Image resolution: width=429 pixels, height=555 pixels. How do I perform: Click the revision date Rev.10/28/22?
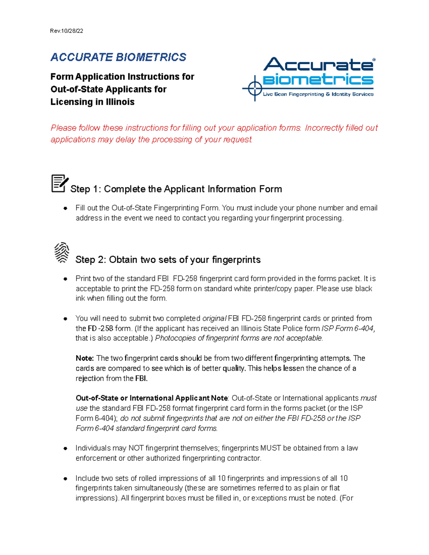pyautogui.click(x=66, y=31)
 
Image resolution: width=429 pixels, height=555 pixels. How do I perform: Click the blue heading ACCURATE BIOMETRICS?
pyautogui.click(x=118, y=57)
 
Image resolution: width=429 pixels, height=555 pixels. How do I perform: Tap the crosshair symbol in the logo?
pyautogui.click(x=255, y=88)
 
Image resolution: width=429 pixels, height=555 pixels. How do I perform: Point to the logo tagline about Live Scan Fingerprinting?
pyautogui.click(x=318, y=94)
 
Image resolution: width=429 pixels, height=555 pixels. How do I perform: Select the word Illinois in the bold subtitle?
pyautogui.click(x=120, y=102)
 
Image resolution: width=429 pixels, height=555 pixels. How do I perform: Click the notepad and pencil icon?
pyautogui.click(x=59, y=184)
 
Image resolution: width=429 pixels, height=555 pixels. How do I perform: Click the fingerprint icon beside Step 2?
pyautogui.click(x=62, y=252)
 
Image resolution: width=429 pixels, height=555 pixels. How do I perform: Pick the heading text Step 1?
pyautogui.click(x=176, y=189)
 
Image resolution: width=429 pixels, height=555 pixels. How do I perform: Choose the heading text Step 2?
pyautogui.click(x=168, y=259)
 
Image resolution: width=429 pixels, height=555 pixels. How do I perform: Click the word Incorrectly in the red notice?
pyautogui.click(x=323, y=128)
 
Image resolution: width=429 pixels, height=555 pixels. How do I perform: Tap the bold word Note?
pyautogui.click(x=85, y=358)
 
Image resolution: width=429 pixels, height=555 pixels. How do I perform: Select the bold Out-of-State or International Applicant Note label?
pyautogui.click(x=152, y=398)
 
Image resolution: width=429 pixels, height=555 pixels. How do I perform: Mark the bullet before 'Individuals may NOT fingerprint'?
pyautogui.click(x=65, y=448)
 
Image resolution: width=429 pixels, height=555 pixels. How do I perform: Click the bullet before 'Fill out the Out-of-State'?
pyautogui.click(x=65, y=208)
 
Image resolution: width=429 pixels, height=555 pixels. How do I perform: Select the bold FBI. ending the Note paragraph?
pyautogui.click(x=141, y=378)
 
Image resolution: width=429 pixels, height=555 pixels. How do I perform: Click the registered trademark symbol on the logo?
pyautogui.click(x=374, y=60)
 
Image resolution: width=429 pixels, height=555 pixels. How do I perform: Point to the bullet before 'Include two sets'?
pyautogui.click(x=65, y=478)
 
